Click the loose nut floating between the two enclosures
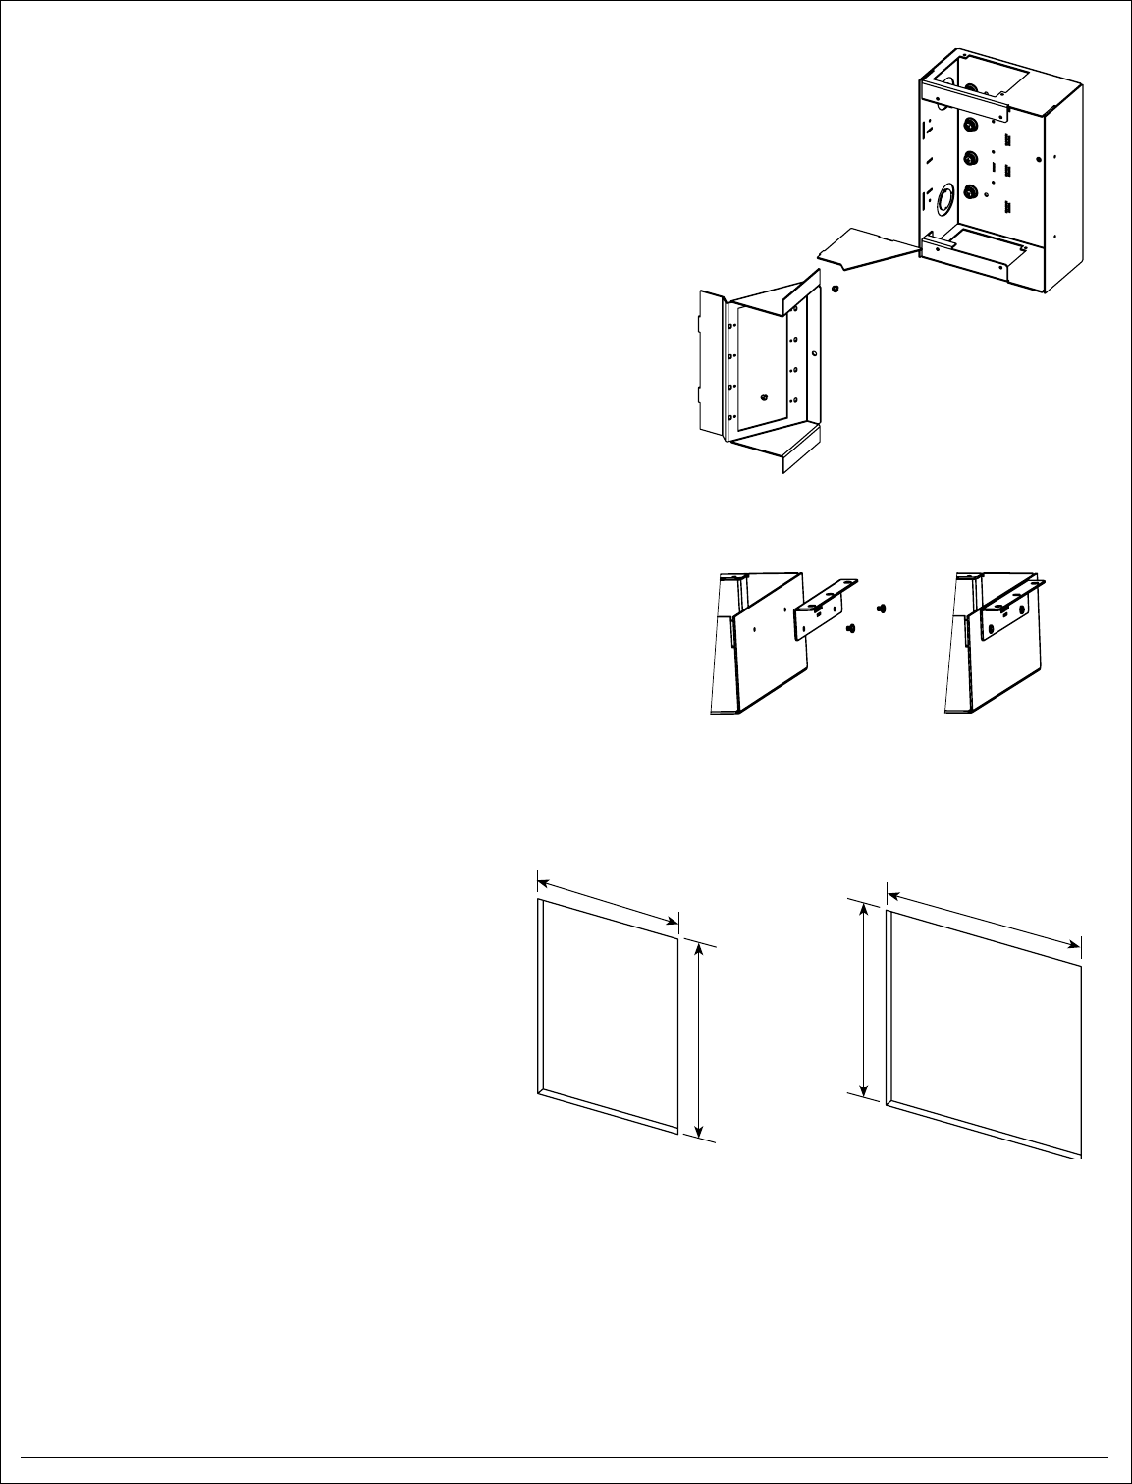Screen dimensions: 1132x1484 (x=834, y=289)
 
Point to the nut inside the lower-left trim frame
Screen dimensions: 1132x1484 (x=764, y=397)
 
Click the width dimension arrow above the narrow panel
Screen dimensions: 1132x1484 (x=608, y=897)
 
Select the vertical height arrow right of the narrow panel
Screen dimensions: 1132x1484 (x=698, y=1040)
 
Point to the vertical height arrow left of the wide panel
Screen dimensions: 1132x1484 (x=864, y=1000)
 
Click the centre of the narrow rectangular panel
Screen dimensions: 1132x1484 (x=609, y=1015)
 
